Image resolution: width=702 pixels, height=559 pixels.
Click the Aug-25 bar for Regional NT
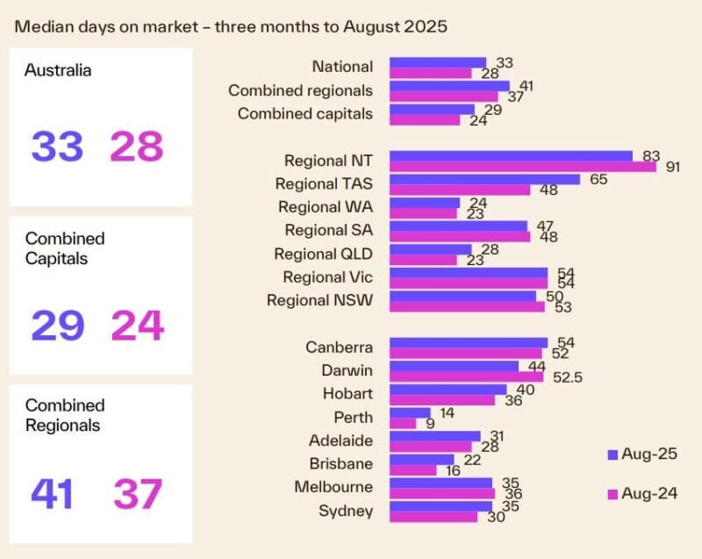511,156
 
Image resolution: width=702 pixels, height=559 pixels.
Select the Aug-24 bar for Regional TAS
460,190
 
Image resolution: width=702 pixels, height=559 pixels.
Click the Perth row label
353,418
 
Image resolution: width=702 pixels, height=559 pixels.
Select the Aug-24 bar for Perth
403,423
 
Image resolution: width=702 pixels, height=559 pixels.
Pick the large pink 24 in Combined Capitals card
137,326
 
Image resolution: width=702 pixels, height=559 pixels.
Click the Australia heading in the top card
58,70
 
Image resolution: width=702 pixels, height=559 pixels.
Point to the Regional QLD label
324,254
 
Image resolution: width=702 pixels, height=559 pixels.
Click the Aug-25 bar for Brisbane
422,459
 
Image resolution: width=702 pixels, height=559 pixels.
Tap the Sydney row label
349,511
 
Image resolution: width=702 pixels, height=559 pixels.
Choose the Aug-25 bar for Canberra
469,342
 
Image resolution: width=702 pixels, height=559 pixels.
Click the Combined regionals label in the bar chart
300,90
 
